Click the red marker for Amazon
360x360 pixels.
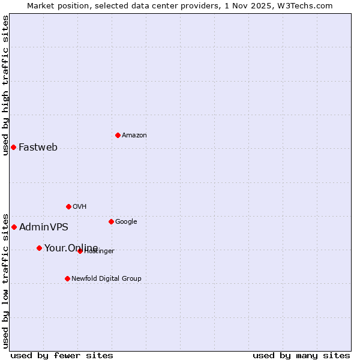(x=118, y=135)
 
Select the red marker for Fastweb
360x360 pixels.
(x=13, y=147)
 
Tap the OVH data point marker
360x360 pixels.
(x=68, y=206)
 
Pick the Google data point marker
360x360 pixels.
(x=111, y=221)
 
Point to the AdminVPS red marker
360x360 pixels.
(x=14, y=227)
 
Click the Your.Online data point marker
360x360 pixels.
(x=39, y=248)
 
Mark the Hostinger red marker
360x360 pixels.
(x=80, y=251)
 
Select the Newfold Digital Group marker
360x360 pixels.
(x=67, y=278)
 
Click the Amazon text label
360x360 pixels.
(x=134, y=135)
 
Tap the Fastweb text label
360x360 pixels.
(x=38, y=147)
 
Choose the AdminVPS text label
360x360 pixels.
(x=43, y=227)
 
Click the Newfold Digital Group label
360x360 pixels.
(x=106, y=278)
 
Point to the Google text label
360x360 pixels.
(x=126, y=221)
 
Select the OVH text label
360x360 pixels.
(x=80, y=206)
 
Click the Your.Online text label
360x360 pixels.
(x=71, y=248)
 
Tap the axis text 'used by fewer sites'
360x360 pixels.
(x=62, y=355)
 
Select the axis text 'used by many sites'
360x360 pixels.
(x=301, y=355)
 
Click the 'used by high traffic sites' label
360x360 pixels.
(x=5, y=85)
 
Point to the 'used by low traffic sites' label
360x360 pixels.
(x=5, y=280)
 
